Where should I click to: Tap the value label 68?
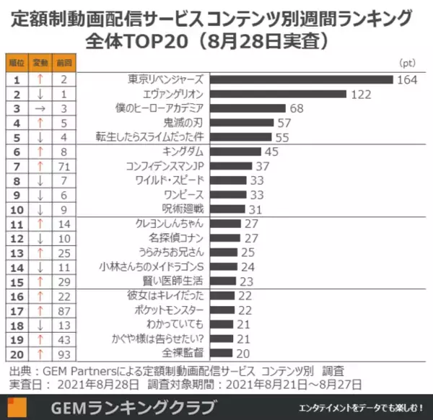297,108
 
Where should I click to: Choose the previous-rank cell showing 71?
64,166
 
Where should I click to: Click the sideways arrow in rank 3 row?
40,108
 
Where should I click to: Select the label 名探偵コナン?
177,238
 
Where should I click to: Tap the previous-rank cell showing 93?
64,354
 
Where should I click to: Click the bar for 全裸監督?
224,354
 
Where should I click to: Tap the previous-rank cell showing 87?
64,310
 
